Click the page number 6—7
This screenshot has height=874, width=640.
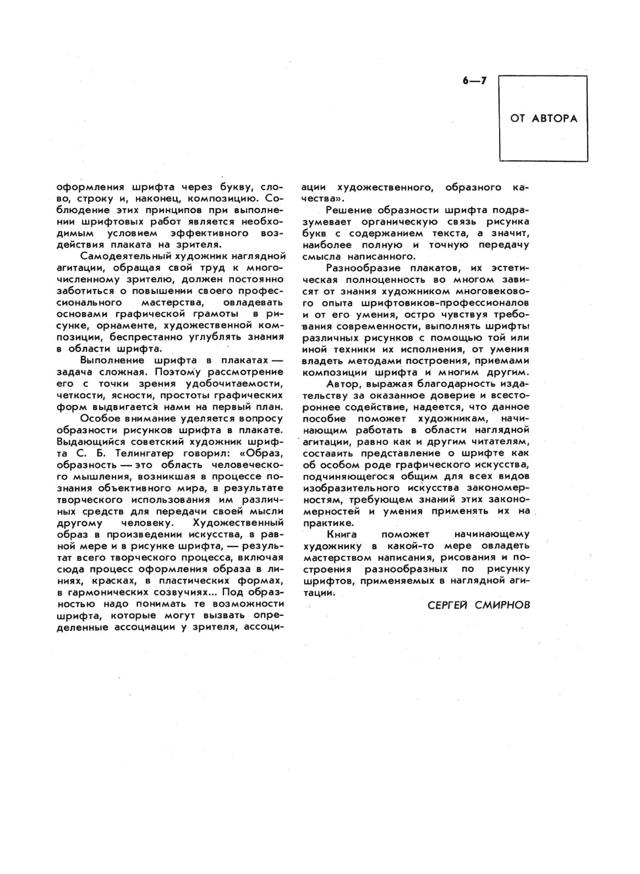(x=475, y=81)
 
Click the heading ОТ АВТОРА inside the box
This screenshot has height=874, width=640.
(x=544, y=118)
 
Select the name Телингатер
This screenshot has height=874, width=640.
(x=134, y=453)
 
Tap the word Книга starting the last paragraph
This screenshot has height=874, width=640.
(x=342, y=534)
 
